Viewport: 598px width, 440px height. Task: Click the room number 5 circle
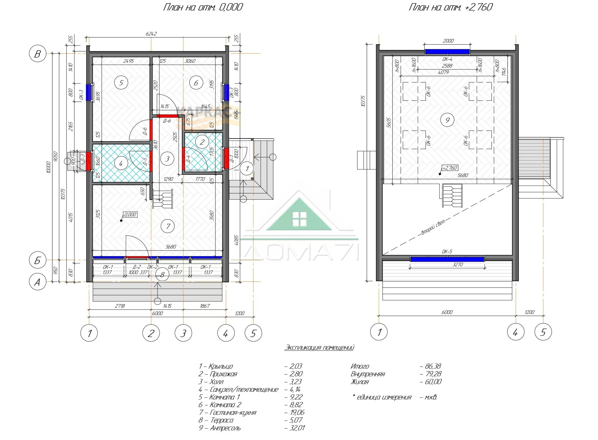[x=121, y=83]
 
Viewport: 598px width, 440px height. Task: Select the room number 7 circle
[x=168, y=226]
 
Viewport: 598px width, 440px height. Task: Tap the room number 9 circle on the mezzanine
[x=447, y=120]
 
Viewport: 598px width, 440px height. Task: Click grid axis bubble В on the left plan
[x=38, y=53]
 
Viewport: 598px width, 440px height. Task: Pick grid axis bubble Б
[x=38, y=260]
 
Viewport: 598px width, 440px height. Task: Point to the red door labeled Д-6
[x=167, y=116]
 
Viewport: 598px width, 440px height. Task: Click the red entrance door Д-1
[x=226, y=159]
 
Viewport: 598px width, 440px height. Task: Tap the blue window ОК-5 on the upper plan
[x=447, y=259]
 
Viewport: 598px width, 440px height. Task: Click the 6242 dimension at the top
[x=151, y=34]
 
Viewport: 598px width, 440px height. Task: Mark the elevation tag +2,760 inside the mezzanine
[x=450, y=168]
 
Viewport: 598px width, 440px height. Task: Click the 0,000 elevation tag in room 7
[x=130, y=214]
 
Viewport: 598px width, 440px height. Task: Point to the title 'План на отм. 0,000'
[x=203, y=7]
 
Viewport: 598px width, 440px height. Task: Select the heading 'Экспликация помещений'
[x=319, y=347]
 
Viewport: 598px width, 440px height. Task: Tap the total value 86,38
[x=431, y=366]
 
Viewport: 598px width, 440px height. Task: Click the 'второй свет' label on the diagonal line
[x=433, y=227]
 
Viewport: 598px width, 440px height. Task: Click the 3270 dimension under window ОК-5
[x=458, y=264]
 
